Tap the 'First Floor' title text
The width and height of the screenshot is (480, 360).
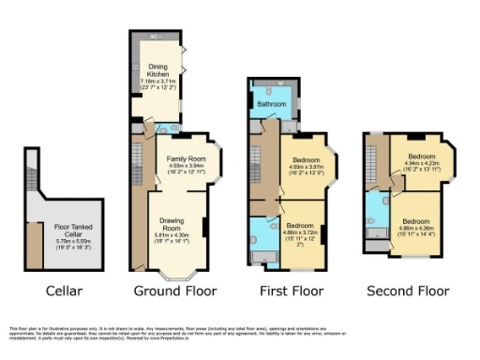click(x=288, y=291)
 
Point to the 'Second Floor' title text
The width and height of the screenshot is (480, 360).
click(x=406, y=291)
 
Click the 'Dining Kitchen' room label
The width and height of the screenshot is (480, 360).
click(x=157, y=71)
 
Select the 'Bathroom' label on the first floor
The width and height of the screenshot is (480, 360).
click(x=271, y=105)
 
